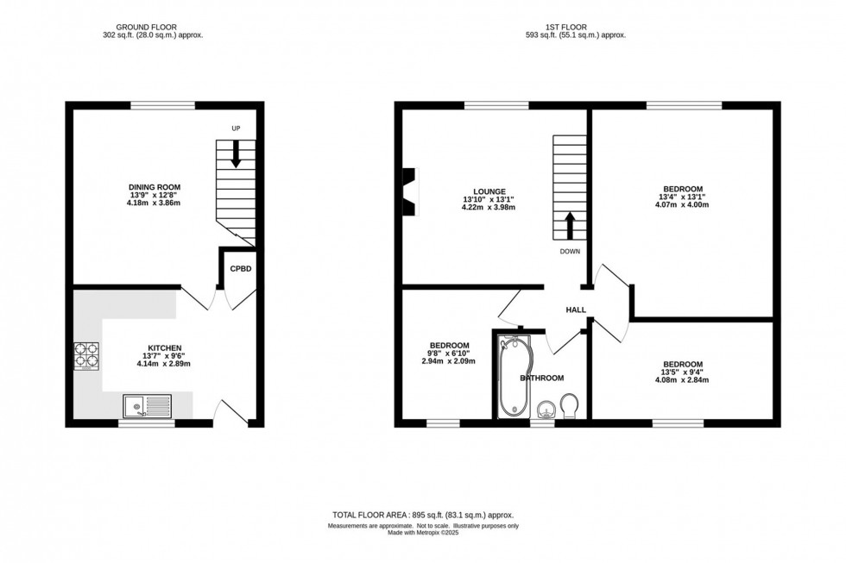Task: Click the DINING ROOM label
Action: (155, 187)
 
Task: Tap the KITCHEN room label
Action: (163, 347)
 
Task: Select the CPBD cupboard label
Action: (241, 269)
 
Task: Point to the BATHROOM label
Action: (542, 378)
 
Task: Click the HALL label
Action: (576, 310)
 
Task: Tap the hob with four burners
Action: (86, 357)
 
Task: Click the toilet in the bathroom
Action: (570, 405)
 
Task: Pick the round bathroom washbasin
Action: (545, 408)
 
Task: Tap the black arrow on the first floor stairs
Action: (570, 227)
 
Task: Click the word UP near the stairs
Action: (235, 128)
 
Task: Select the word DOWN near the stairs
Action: (569, 252)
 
